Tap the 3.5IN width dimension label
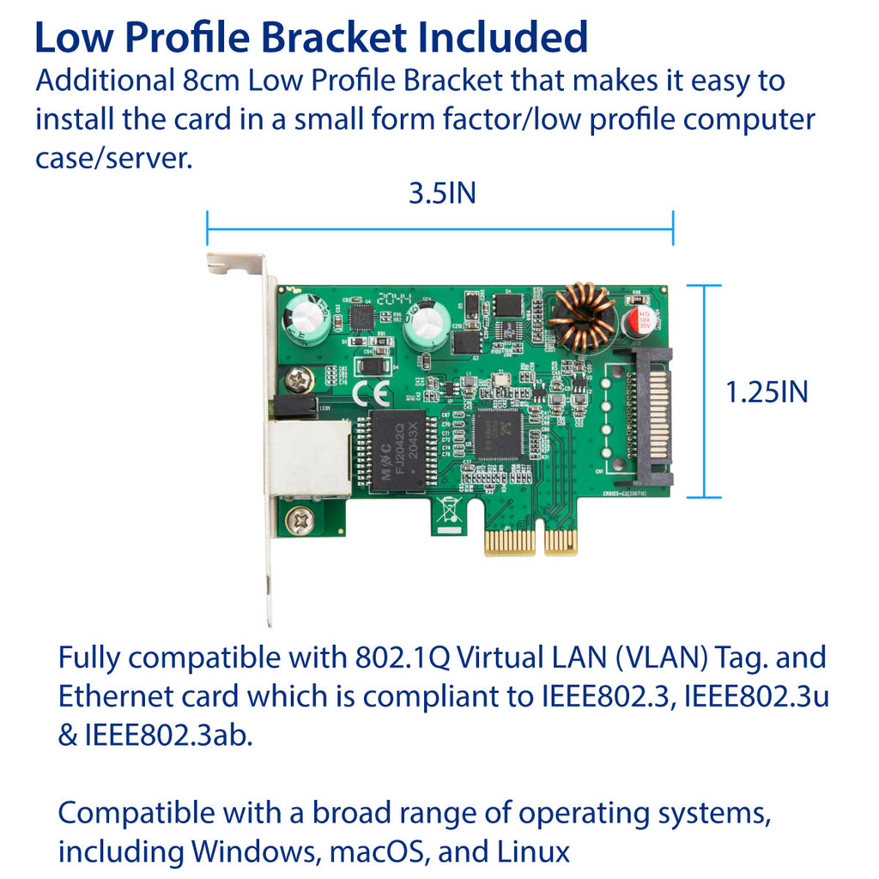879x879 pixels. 441,194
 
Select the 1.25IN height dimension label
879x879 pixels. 767,392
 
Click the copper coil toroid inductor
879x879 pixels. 583,317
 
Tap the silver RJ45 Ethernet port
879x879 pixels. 307,459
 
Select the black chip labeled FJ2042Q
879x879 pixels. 397,451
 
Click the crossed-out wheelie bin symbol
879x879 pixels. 447,509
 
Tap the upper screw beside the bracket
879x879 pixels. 300,376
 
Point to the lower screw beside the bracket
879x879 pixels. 299,520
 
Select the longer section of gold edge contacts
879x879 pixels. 510,543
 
